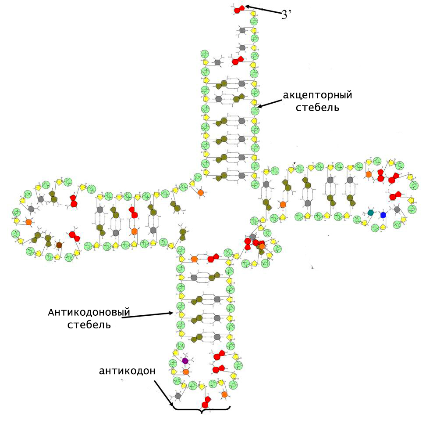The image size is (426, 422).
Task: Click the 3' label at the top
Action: pyautogui.click(x=286, y=14)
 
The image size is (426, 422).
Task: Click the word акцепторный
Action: pyautogui.click(x=317, y=95)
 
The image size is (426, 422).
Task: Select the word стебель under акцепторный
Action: pyautogui.click(x=317, y=108)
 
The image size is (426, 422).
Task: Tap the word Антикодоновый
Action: pyautogui.click(x=89, y=312)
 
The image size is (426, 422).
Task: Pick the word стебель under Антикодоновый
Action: pyautogui.click(x=89, y=325)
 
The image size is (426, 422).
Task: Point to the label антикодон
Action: pyautogui.click(x=127, y=371)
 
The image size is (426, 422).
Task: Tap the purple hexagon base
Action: pyautogui.click(x=185, y=361)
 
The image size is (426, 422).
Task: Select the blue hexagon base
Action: pyautogui.click(x=383, y=215)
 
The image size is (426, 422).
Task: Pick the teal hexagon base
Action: pyautogui.click(x=370, y=213)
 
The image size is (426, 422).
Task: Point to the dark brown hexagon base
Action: pyautogui.click(x=59, y=245)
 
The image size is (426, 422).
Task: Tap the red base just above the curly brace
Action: pyautogui.click(x=206, y=402)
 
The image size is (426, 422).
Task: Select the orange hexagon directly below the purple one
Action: pyautogui.click(x=186, y=372)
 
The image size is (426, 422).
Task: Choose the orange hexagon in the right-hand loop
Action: pyautogui.click(x=369, y=174)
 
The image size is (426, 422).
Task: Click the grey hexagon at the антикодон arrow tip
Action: pyautogui.click(x=178, y=396)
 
